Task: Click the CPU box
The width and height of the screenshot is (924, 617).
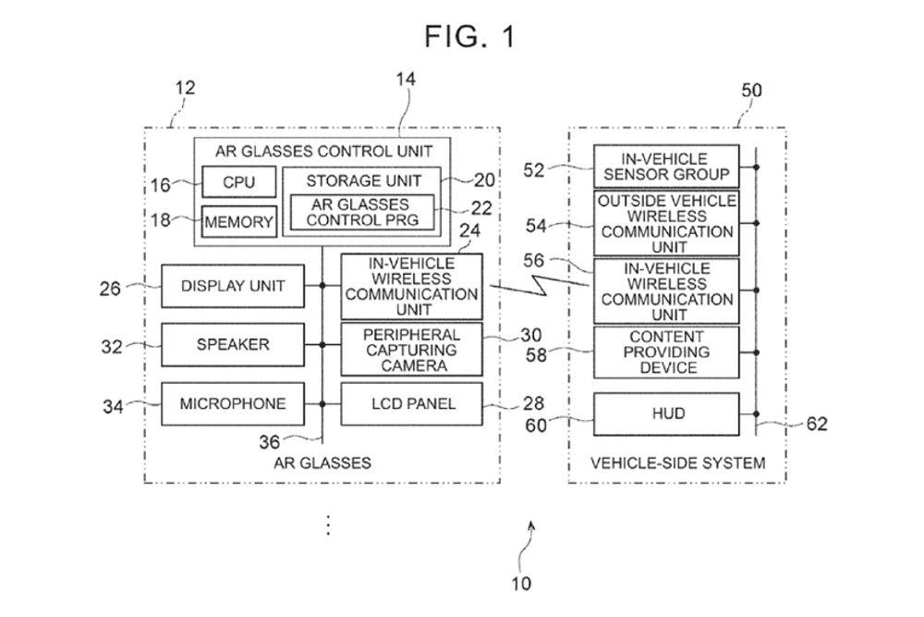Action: [x=238, y=182]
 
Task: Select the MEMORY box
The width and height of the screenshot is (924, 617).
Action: [x=238, y=222]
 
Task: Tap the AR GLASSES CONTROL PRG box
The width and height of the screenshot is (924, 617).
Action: [x=362, y=212]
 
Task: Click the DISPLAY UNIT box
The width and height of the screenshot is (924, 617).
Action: [x=232, y=286]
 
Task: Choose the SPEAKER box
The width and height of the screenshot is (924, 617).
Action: [x=232, y=344]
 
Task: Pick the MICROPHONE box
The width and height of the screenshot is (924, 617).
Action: [x=232, y=403]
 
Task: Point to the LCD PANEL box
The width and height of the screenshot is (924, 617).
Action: [x=411, y=403]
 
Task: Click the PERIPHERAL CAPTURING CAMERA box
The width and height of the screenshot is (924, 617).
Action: [x=411, y=350]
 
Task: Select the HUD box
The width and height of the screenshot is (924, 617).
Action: [x=666, y=413]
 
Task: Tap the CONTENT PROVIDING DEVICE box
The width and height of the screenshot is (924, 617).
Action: [x=666, y=352]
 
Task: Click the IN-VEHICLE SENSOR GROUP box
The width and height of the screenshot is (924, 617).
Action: [x=666, y=167]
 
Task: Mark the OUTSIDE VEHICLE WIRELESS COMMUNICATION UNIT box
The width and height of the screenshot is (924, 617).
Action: [x=666, y=223]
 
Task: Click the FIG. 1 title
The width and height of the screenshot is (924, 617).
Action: [x=469, y=36]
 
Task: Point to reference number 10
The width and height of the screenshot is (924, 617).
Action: [x=521, y=584]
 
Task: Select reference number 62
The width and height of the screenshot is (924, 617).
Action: [x=817, y=424]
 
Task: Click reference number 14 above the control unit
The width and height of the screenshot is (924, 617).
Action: [x=405, y=79]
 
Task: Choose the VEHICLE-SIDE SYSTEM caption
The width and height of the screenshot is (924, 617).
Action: [x=677, y=463]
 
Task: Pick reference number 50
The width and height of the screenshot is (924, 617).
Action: [x=752, y=90]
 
